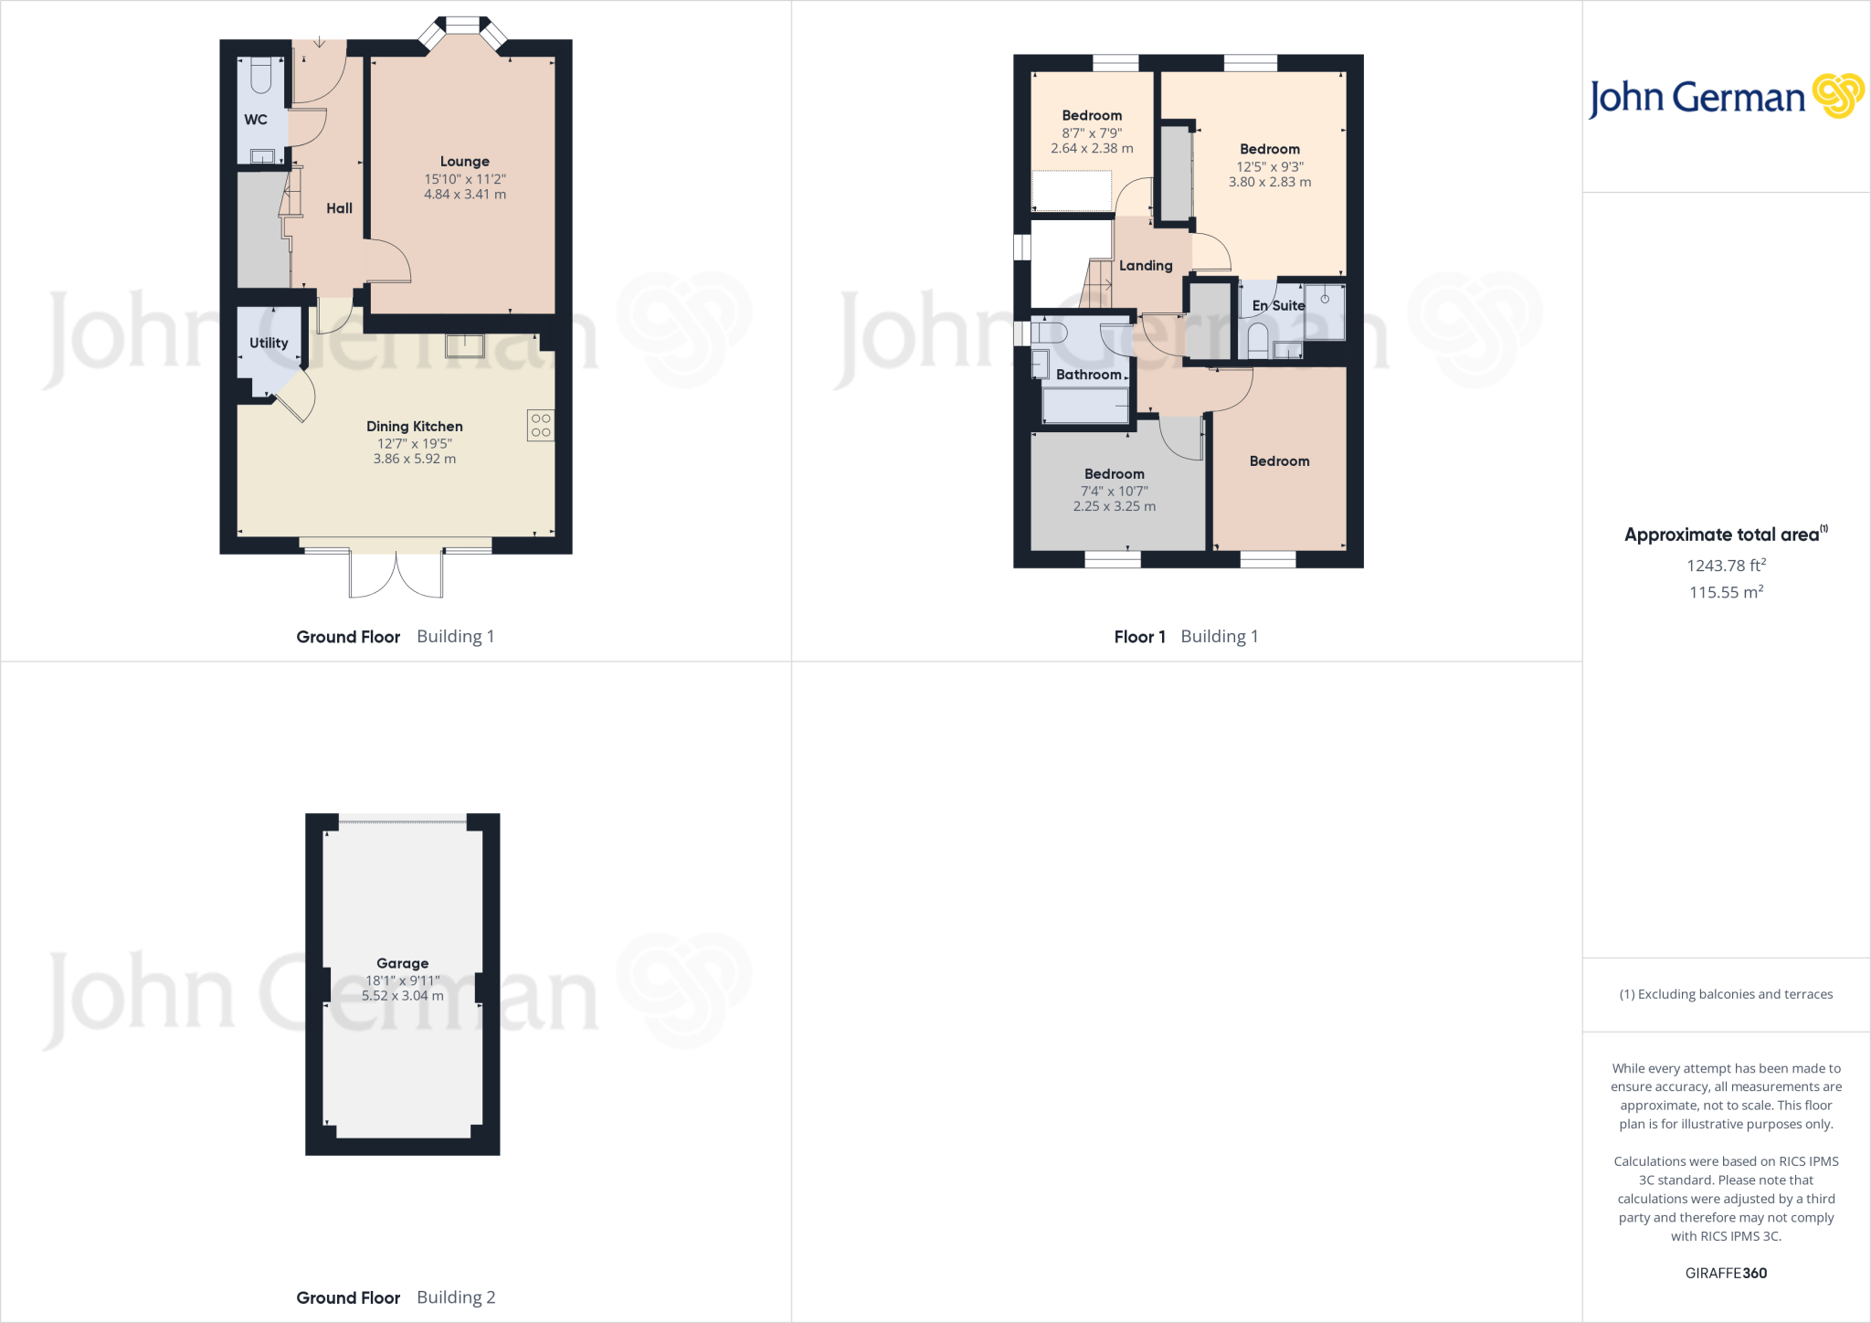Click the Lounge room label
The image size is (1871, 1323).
(464, 162)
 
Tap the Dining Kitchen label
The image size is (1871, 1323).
(414, 427)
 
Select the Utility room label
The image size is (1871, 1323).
(269, 344)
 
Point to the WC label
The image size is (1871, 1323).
(256, 120)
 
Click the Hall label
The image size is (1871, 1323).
(339, 208)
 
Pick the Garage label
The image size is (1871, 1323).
(402, 963)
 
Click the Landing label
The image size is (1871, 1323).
(1146, 266)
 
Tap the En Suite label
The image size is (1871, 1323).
(1278, 306)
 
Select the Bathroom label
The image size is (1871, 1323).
(1088, 375)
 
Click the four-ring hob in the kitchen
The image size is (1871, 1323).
(541, 425)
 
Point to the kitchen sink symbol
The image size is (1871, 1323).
(465, 345)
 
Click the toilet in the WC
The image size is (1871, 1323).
(260, 76)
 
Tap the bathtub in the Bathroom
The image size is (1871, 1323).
(1084, 406)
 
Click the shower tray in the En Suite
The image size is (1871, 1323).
(1325, 312)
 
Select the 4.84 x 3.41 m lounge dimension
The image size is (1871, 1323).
(464, 195)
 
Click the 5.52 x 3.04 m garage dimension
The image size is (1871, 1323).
(402, 996)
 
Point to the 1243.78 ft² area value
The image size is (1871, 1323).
(1726, 566)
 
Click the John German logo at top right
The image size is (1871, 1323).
(1726, 97)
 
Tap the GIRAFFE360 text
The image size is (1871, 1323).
(1726, 1273)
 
